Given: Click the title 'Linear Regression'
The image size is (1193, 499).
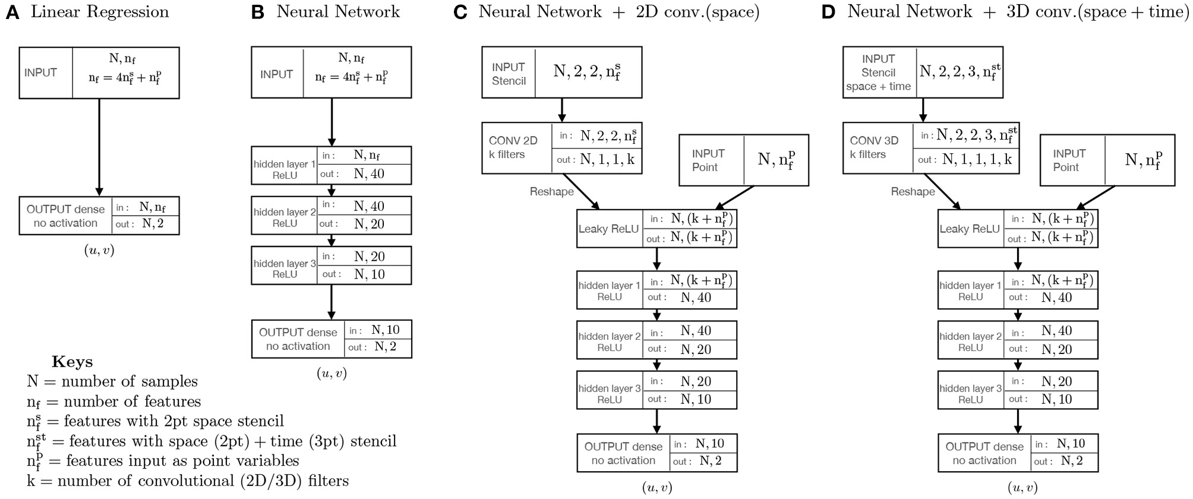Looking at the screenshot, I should click(x=100, y=12).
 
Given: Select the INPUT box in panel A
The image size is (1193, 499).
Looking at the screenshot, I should click(x=99, y=73).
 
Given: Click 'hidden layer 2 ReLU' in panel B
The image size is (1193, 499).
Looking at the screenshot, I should click(x=285, y=218).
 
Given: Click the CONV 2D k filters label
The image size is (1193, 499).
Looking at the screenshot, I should click(x=514, y=148).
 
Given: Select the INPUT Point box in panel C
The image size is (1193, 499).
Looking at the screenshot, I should click(x=743, y=160).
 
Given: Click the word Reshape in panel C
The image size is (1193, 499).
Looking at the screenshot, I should click(x=551, y=191).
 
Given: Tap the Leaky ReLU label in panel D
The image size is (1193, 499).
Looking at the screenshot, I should click(x=969, y=229).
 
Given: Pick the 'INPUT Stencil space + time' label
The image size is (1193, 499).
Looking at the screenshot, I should click(x=878, y=72).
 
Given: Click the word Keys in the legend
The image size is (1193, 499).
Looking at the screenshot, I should click(x=72, y=362).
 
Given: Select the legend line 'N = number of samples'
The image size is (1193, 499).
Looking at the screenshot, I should click(x=112, y=381).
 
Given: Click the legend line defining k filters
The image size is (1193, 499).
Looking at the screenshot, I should click(x=188, y=481).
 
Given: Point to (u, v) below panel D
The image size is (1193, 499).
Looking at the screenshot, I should click(x=1022, y=488).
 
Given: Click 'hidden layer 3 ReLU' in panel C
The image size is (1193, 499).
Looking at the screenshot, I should click(x=609, y=394).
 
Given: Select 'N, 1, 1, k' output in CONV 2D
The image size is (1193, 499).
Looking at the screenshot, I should click(x=607, y=160).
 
